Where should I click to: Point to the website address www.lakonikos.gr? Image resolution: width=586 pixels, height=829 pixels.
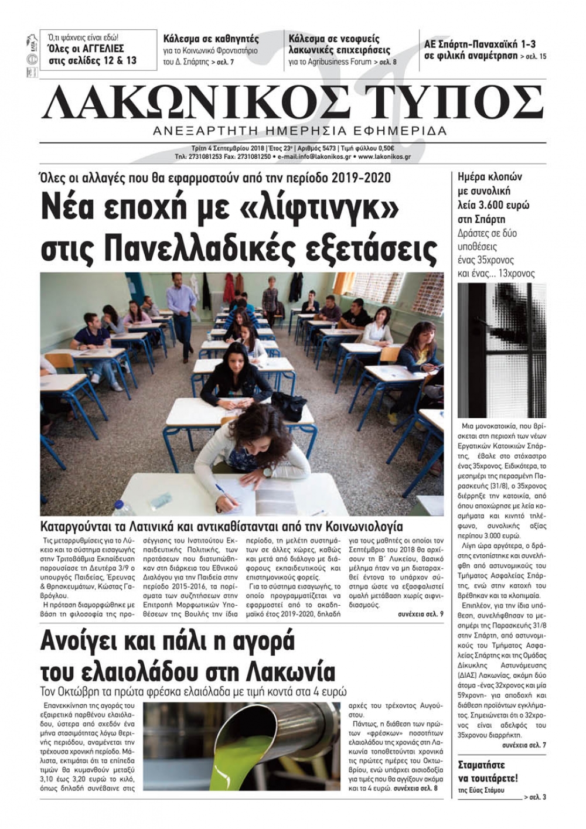[384, 157]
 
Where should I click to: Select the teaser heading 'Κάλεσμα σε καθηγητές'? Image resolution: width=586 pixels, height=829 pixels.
[211, 39]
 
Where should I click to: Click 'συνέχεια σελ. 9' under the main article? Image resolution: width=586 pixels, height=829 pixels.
[420, 614]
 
